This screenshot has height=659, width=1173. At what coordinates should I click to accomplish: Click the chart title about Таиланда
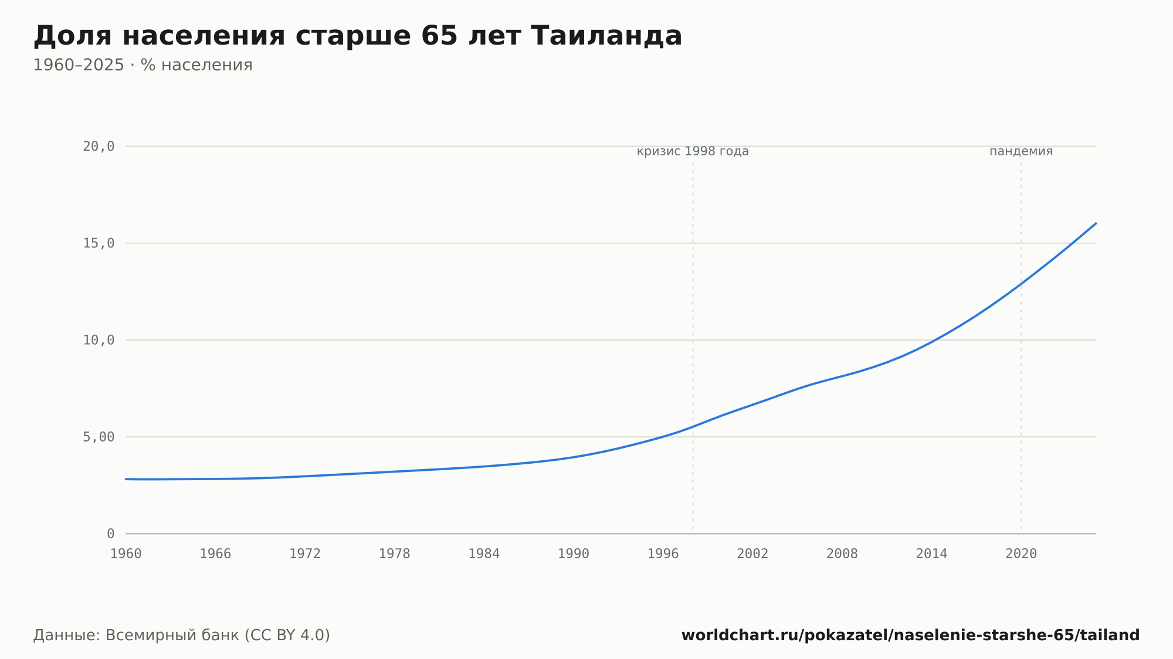(x=358, y=36)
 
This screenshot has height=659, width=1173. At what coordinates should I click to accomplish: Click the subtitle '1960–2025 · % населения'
(x=143, y=65)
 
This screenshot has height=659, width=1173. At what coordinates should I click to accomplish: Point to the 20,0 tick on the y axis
(x=99, y=147)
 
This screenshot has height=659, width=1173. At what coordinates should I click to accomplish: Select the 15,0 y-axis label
(x=99, y=243)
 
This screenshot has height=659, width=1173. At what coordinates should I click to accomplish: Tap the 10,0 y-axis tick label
(x=99, y=340)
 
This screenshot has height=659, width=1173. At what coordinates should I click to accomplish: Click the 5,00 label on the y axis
(x=99, y=437)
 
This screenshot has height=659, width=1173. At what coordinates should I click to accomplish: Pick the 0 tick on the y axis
(x=111, y=534)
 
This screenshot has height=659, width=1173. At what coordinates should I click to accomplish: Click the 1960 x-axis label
(x=126, y=554)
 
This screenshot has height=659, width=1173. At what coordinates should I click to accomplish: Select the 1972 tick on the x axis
(x=305, y=554)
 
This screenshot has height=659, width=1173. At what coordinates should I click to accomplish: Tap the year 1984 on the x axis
(x=484, y=554)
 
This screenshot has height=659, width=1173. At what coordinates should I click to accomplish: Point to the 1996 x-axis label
(x=663, y=554)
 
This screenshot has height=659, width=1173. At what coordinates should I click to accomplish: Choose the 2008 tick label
(x=842, y=554)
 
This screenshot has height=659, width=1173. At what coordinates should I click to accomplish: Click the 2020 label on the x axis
(x=1021, y=554)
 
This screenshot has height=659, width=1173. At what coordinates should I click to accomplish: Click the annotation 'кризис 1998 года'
(x=693, y=151)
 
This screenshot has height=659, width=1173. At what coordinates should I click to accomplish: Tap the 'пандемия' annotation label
(x=1021, y=151)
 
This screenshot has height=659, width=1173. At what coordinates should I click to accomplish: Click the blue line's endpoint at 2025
(x=1095, y=223)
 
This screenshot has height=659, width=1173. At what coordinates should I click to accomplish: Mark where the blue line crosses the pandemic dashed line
(x=1021, y=284)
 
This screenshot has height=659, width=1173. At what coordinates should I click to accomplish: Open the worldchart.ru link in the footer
(x=910, y=635)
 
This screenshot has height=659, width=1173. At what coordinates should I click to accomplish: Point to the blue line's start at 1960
(x=126, y=479)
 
